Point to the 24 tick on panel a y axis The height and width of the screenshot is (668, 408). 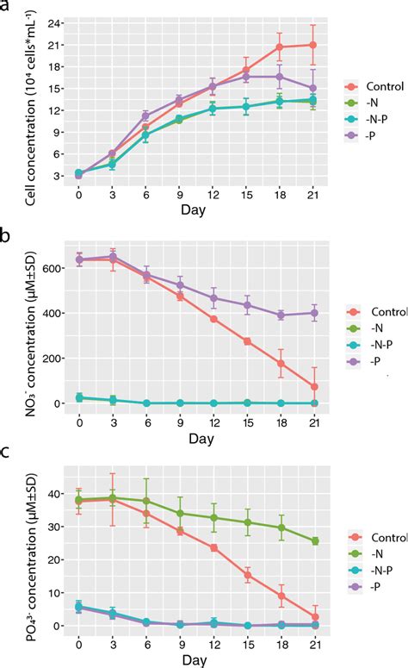58,22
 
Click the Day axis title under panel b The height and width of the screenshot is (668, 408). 195,440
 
